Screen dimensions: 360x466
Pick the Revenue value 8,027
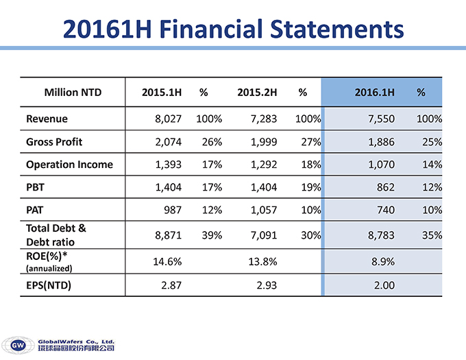coord(168,119)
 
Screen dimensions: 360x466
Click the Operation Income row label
coord(69,165)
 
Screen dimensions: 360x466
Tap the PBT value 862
coord(384,187)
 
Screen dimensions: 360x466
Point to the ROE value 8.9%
coord(382,261)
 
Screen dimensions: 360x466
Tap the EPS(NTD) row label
coord(53,285)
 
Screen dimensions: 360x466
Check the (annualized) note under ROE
coord(49,268)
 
